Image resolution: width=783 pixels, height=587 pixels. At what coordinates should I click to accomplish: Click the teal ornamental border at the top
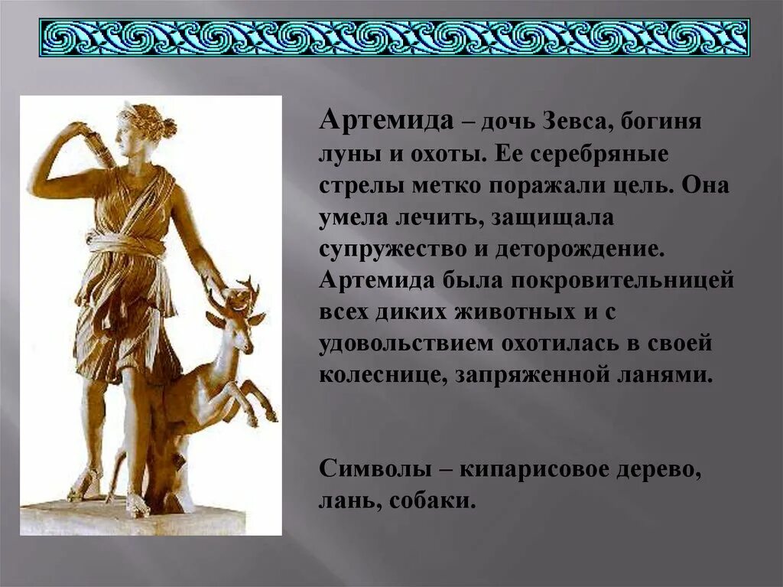coord(394,37)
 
